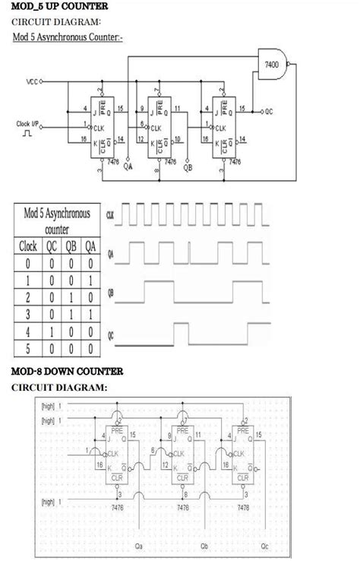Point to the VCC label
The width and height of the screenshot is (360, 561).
pos(32,81)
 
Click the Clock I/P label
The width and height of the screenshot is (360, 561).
pos(29,123)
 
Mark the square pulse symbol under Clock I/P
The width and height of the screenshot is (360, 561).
pos(27,135)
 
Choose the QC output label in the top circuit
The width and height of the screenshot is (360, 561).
pos(269,111)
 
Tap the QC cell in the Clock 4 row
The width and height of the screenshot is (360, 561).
pos(52,331)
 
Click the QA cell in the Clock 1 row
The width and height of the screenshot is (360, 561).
pos(90,280)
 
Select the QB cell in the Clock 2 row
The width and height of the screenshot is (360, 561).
pos(71,297)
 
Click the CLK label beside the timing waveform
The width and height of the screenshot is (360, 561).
pos(112,216)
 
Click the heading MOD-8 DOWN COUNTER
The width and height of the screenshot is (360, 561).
pos(67,371)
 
